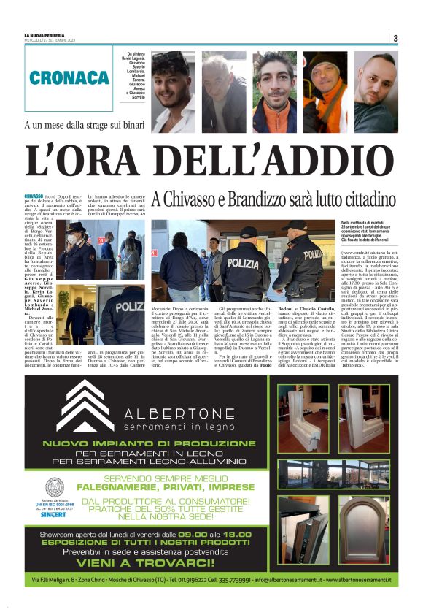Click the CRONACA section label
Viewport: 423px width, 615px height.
click(70, 78)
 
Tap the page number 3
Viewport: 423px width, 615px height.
click(395, 39)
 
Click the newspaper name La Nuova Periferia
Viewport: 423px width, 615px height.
click(46, 35)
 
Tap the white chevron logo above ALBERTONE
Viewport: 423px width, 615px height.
click(85, 405)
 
